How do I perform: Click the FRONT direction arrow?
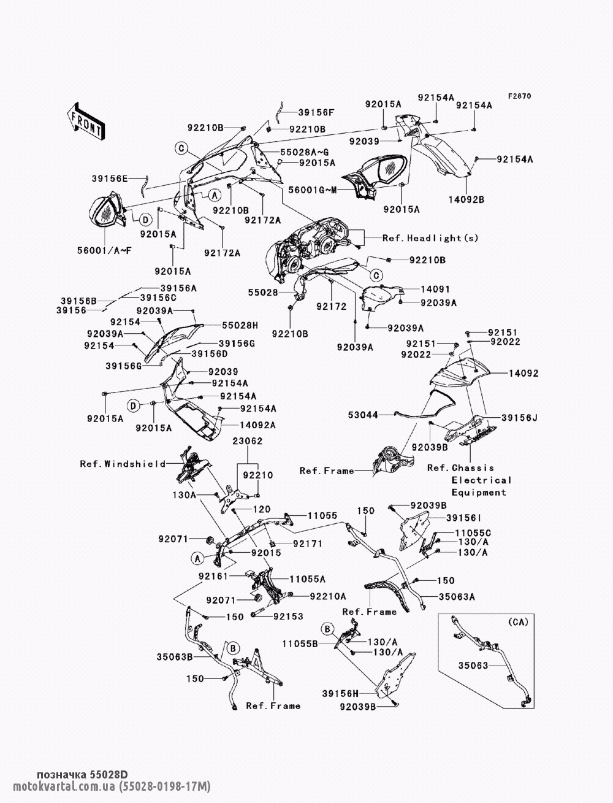86,121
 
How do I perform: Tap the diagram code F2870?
520,96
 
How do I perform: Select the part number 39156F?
316,112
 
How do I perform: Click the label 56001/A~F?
105,251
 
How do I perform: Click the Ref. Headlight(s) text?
430,238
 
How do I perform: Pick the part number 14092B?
466,200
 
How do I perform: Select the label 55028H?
240,325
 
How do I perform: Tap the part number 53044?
363,415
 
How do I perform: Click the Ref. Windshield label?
123,464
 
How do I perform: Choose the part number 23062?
248,441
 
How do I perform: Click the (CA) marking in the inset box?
519,621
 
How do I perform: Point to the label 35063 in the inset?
473,666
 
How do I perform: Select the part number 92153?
288,617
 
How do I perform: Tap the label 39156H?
340,694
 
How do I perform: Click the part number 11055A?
307,579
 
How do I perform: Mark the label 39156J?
519,418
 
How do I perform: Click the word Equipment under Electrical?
479,493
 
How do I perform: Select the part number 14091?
435,290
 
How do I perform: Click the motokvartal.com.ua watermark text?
64,786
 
